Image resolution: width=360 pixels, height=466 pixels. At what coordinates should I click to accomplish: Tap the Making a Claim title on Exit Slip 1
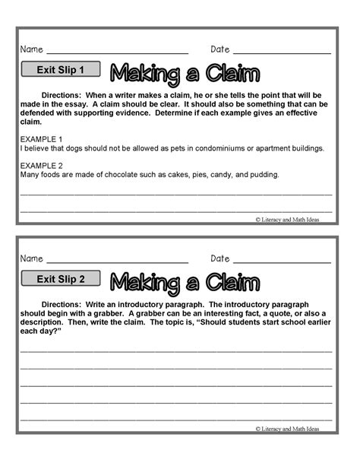pyautogui.click(x=185, y=73)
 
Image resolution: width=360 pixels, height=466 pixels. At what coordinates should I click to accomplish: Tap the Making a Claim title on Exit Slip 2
pyautogui.click(x=185, y=281)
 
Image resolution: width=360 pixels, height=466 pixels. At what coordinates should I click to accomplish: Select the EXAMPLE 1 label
pyautogui.click(x=41, y=139)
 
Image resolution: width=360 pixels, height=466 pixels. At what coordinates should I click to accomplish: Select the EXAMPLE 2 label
pyautogui.click(x=41, y=165)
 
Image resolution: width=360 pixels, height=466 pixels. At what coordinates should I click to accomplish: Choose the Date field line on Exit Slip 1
pyautogui.click(x=282, y=52)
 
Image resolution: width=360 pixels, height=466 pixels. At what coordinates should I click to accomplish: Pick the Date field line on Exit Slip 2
pyautogui.click(x=282, y=262)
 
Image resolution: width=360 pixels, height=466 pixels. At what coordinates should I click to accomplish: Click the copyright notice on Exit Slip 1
pyautogui.click(x=288, y=218)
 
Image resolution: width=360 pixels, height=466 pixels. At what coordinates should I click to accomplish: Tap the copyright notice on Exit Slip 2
pyautogui.click(x=288, y=429)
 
